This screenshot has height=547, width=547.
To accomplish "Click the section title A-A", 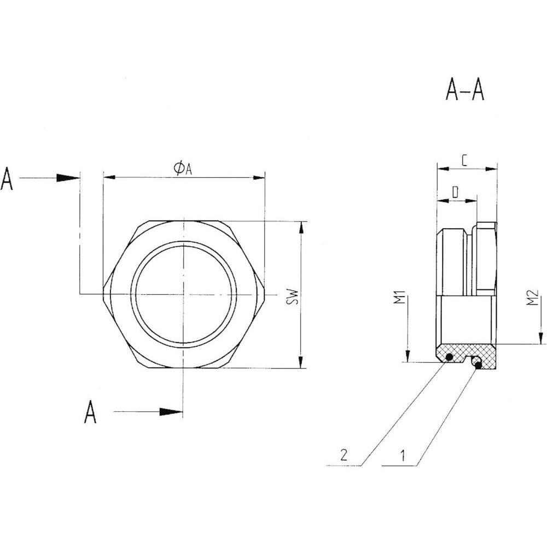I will [464, 90].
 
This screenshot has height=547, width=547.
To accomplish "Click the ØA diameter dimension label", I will [183, 168].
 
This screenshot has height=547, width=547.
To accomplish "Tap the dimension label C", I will [464, 160].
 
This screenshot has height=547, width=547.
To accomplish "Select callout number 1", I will [403, 456].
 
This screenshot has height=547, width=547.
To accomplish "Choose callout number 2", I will [344, 456].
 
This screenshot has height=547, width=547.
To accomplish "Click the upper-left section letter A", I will [7, 179].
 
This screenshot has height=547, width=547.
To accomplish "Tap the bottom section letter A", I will [90, 412].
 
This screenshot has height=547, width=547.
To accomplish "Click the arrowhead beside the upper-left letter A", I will [69, 178].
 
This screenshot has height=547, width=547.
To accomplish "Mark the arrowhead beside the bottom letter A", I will [171, 412].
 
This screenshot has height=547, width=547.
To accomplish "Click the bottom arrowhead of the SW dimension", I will [300, 362].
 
